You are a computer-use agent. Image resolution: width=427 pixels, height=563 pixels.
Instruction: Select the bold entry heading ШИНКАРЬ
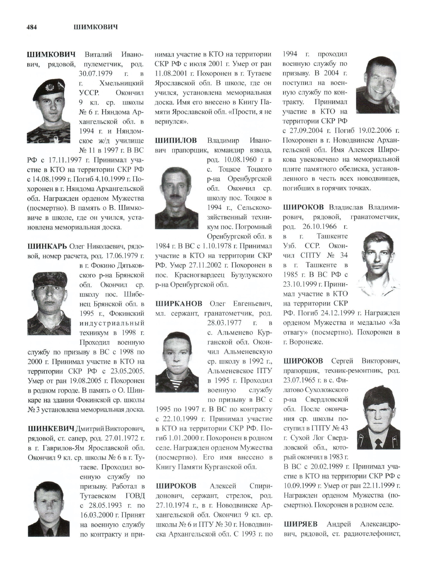[47, 246]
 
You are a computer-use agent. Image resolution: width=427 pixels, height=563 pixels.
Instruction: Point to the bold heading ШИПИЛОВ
[176, 140]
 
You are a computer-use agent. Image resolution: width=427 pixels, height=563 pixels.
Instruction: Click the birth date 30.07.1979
[95, 74]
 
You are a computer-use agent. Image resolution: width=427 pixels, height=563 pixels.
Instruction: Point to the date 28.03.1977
[224, 323]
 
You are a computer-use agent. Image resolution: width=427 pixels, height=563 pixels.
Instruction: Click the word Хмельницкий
[122, 83]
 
